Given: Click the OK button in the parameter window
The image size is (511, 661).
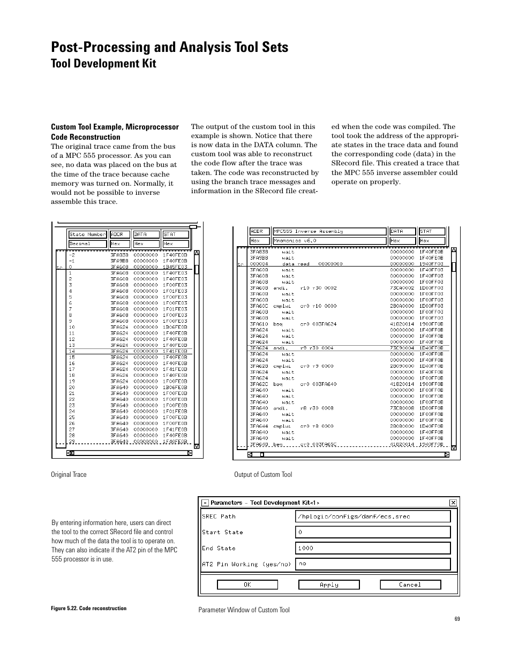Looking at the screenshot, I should tap(247, 585).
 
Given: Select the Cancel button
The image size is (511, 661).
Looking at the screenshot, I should tap(410, 585).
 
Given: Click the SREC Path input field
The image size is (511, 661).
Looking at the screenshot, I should tap(373, 516).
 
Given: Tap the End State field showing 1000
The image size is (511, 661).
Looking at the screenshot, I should tap(373, 548).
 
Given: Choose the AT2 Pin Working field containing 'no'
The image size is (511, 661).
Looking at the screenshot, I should tap(373, 564).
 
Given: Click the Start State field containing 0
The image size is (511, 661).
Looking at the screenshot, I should tap(373, 533).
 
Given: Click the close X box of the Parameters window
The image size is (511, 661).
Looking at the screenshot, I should tap(453, 503).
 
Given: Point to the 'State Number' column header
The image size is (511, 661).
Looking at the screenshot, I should tap(88, 234).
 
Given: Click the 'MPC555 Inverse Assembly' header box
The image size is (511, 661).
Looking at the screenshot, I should tap(329, 231).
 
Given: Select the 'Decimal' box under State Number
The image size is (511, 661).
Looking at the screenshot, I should tap(88, 244).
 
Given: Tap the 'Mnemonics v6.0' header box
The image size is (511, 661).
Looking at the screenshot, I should tap(329, 241).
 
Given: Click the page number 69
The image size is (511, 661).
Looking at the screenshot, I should tap(457, 619).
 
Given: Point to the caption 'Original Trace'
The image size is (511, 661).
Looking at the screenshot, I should tap(69, 475).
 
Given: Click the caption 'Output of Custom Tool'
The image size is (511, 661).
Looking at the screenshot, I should tap(263, 475).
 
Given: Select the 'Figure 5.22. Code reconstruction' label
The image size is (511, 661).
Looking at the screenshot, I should tap(89, 609).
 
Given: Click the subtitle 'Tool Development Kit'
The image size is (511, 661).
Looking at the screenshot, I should tap(103, 64).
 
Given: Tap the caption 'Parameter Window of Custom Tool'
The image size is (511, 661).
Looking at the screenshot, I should tap(244, 610).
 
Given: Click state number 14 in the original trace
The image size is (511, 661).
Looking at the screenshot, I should tap(72, 351).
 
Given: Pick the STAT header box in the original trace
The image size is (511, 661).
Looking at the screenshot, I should tap(176, 234).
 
